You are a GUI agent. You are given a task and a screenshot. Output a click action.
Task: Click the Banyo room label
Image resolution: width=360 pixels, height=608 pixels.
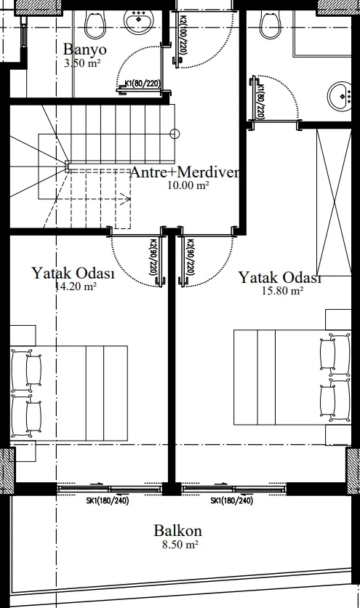[x=84, y=50]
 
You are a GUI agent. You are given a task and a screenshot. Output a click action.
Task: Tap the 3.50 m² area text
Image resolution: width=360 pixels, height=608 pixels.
[x=83, y=63]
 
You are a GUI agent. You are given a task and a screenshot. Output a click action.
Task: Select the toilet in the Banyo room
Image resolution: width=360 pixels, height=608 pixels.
[x=95, y=24]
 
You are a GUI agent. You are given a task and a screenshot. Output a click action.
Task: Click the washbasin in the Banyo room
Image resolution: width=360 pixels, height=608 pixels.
[x=138, y=21]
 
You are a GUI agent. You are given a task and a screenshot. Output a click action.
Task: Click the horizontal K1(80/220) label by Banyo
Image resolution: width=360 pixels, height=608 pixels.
[x=143, y=84]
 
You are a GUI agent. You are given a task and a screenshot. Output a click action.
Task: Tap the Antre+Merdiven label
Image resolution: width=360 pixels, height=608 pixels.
[x=185, y=172]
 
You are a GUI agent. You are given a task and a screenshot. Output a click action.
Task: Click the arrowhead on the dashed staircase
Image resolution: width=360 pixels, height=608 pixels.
[x=127, y=199]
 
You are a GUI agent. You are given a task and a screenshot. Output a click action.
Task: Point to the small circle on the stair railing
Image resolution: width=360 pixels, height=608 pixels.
[x=175, y=134]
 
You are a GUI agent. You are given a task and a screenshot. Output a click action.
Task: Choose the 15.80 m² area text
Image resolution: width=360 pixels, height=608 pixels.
[x=282, y=291]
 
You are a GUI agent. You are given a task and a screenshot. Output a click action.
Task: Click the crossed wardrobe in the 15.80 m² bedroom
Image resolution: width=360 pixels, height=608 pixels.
[x=334, y=202]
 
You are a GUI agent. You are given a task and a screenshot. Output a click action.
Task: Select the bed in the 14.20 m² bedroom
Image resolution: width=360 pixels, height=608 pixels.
[x=69, y=393]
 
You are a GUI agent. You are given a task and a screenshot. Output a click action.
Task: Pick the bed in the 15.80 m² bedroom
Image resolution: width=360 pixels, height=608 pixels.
[x=292, y=377]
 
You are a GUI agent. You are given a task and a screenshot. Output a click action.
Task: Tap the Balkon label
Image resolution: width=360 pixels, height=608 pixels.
[x=177, y=531]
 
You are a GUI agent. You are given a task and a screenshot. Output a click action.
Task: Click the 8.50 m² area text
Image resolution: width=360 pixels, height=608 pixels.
[x=180, y=545]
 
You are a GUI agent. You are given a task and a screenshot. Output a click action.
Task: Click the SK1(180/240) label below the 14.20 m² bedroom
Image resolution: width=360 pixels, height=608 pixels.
[x=108, y=500]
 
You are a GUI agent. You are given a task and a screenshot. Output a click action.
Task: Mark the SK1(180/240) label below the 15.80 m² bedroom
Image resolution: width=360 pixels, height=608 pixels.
[x=231, y=500]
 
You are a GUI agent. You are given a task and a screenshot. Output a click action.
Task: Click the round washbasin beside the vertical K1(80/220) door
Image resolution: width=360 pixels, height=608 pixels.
[x=340, y=96]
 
